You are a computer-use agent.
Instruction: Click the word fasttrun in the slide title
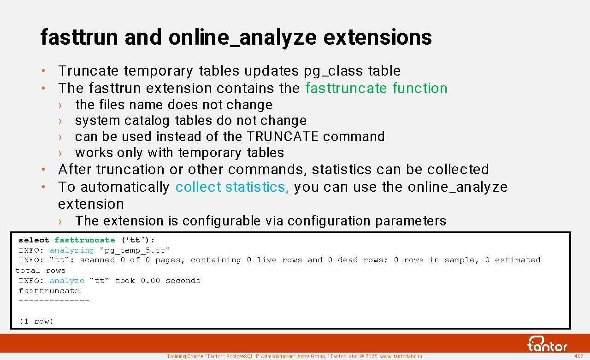click(79, 37)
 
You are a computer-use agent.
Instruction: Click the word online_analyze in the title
click(242, 38)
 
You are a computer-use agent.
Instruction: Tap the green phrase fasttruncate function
click(377, 88)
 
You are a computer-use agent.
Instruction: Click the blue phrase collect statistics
click(232, 187)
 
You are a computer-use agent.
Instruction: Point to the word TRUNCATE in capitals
click(283, 136)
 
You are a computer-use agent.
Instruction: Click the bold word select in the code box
click(34, 240)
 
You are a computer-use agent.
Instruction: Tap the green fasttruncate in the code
click(84, 240)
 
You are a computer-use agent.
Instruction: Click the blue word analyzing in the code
click(71, 250)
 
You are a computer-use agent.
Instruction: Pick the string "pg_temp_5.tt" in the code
click(135, 250)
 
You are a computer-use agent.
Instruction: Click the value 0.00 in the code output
click(150, 281)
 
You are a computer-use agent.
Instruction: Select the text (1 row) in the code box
click(36, 321)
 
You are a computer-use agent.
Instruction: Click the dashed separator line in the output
click(54, 301)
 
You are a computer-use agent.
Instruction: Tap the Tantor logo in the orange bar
click(547, 344)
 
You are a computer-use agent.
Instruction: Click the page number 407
click(578, 356)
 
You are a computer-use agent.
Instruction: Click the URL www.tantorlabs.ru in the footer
click(401, 356)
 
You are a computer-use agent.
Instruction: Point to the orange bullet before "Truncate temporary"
click(43, 71)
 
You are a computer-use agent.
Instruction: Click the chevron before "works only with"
click(60, 153)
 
